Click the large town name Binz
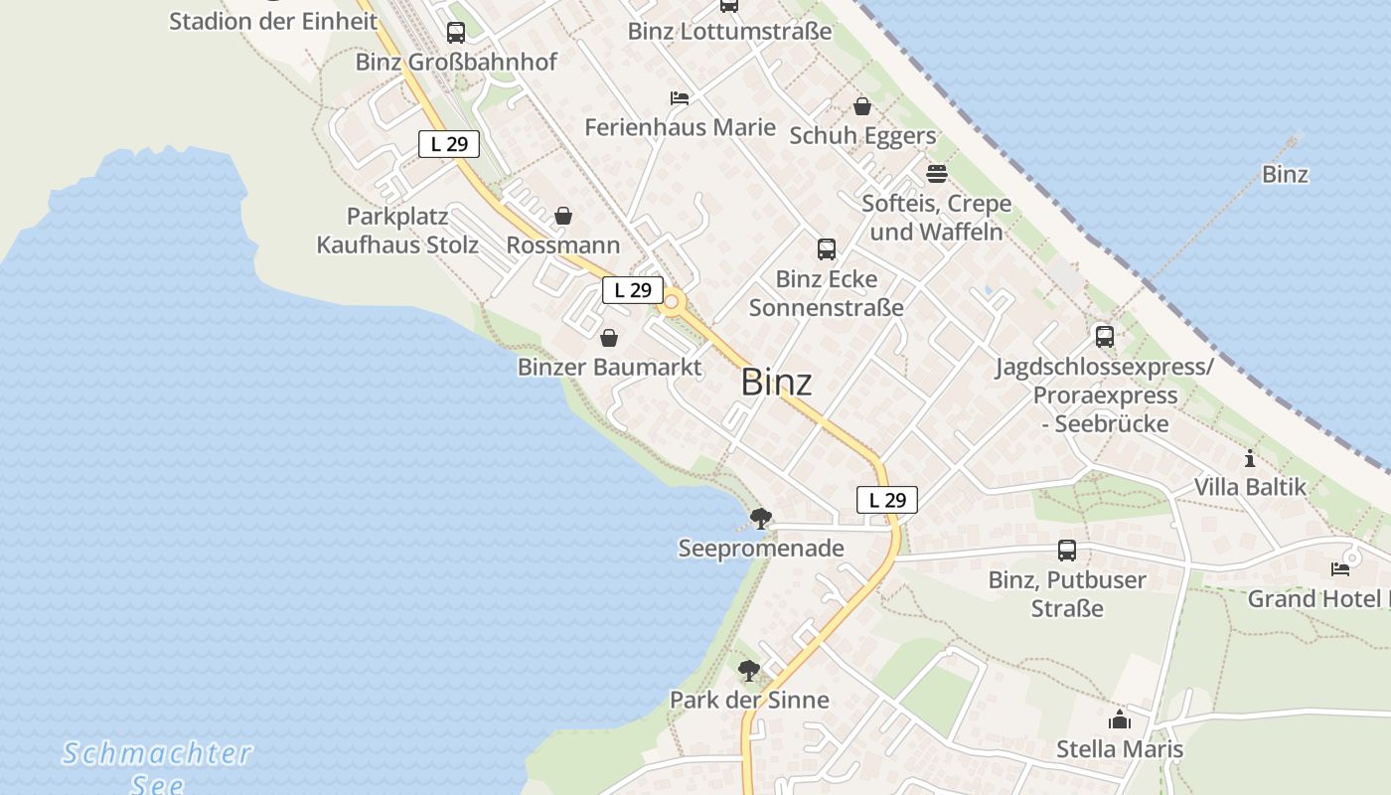point(776,383)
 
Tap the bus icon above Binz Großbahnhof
point(456,33)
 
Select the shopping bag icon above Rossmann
point(563,216)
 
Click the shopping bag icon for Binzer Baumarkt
point(608,338)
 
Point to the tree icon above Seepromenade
point(761,518)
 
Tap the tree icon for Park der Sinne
point(749,671)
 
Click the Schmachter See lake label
point(158,766)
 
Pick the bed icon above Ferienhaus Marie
point(680,98)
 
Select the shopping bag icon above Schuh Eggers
point(862,106)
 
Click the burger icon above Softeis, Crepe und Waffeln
point(936,174)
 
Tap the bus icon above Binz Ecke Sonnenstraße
point(827,249)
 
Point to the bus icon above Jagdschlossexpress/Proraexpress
point(1105,337)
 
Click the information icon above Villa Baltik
point(1250,458)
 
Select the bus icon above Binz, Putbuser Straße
point(1067,550)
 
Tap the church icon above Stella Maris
point(1120,719)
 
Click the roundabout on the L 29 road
point(673,302)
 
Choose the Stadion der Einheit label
point(273,21)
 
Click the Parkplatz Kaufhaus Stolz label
point(397,231)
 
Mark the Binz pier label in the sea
point(1285,175)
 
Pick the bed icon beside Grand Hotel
point(1340,569)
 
